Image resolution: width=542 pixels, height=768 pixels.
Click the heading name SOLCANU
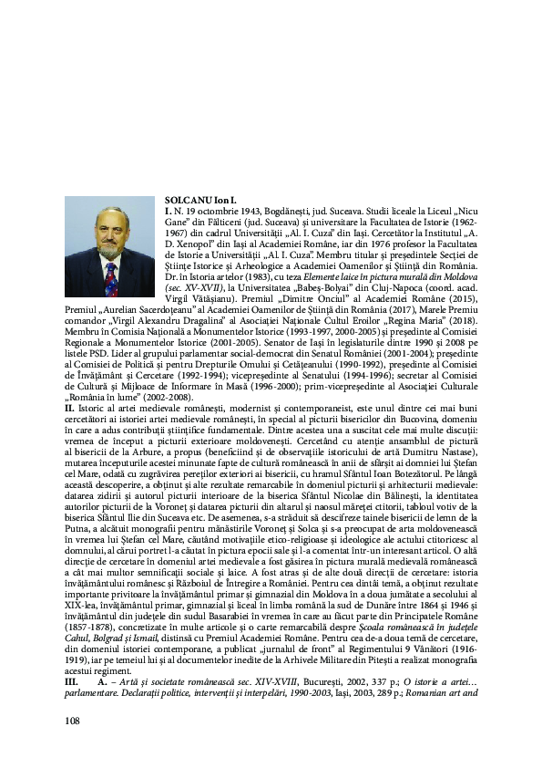pyautogui.click(x=185, y=199)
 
